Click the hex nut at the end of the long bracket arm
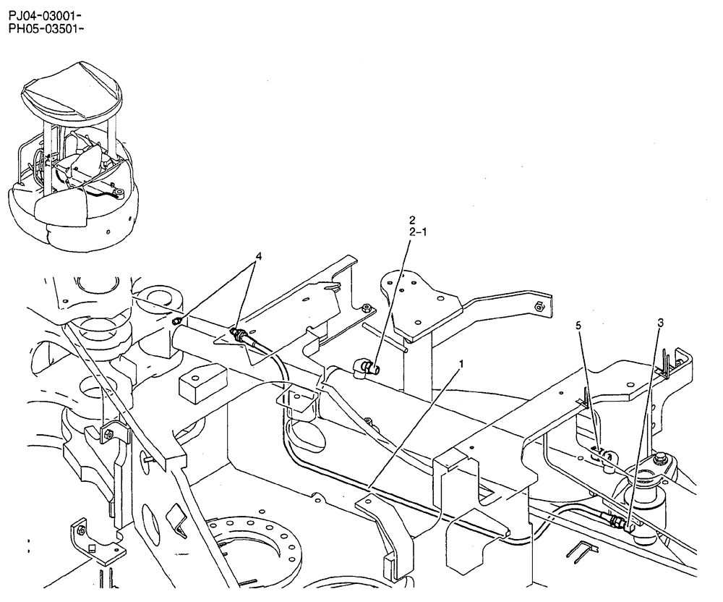(x=539, y=307)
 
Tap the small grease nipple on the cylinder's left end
(x=176, y=321)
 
